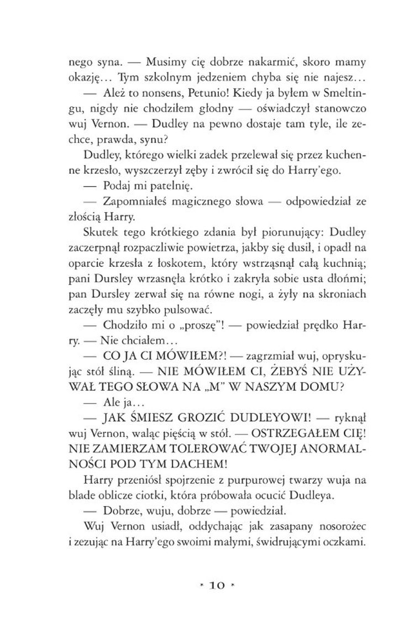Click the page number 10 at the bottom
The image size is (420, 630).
coord(211,584)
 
